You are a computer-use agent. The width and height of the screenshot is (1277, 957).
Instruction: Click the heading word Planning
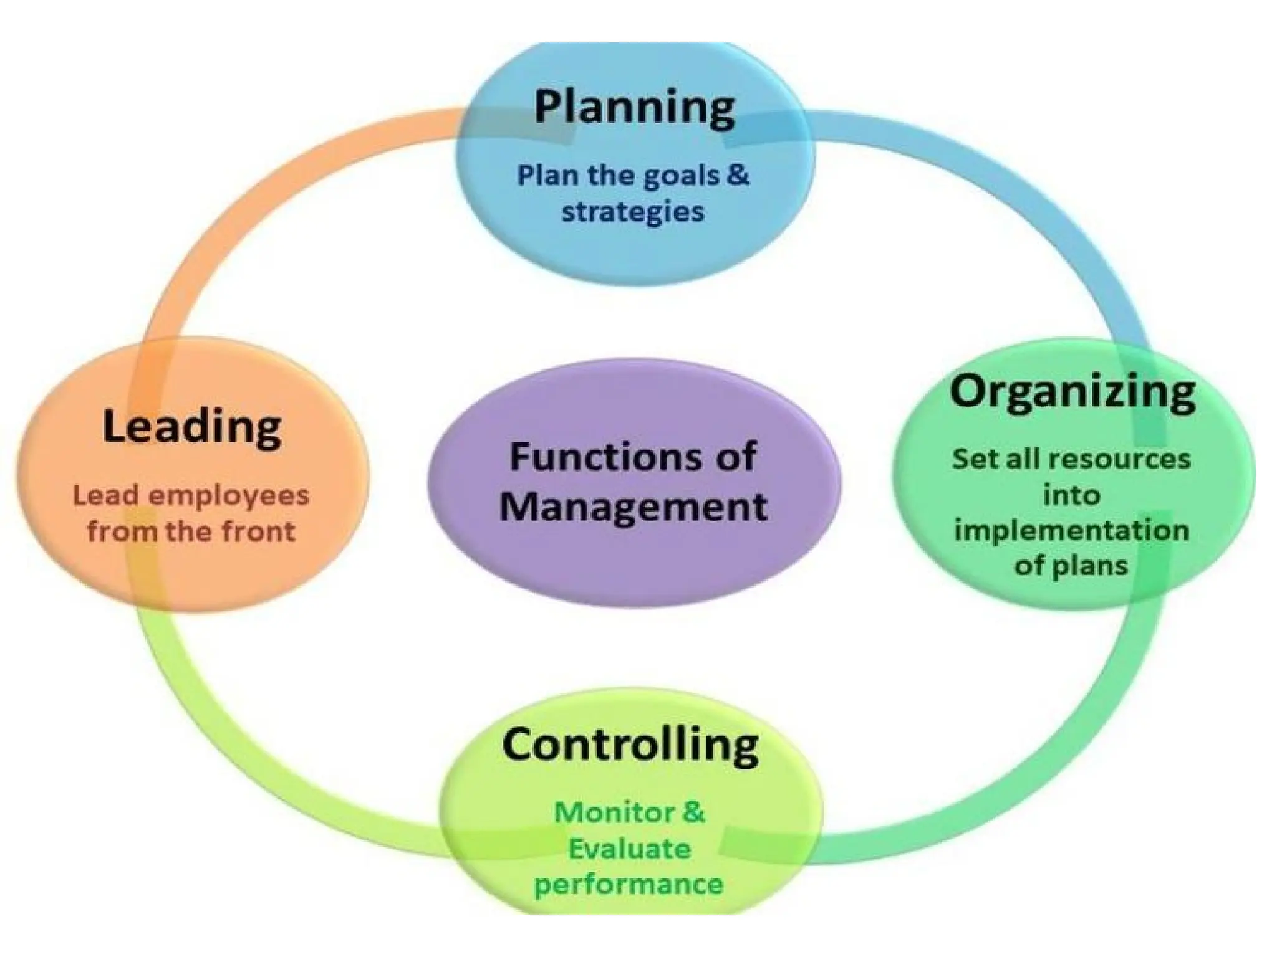coord(634,108)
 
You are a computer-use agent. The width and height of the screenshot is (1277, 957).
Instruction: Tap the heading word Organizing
coord(1072,393)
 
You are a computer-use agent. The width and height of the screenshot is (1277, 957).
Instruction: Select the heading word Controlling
coord(630,745)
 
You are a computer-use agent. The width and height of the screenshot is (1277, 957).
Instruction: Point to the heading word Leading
coord(192,428)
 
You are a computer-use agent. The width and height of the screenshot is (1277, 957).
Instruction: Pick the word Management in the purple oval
coord(633,506)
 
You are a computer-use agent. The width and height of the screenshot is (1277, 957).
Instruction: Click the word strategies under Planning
coord(632,212)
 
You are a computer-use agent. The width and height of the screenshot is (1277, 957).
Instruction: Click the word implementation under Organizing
coord(1071,531)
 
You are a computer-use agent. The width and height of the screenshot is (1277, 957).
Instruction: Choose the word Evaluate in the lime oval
coord(629,849)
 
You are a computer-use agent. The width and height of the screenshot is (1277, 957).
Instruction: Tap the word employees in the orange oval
coord(229,496)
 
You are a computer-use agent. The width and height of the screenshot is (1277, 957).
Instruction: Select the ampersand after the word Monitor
coord(693,812)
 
